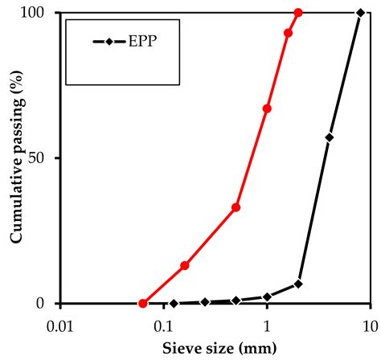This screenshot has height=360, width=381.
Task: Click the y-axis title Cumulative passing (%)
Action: click(15, 158)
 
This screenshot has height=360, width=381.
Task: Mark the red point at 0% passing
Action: click(143, 304)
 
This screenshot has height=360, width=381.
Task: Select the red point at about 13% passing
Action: click(185, 265)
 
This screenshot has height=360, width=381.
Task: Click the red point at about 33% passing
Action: click(236, 207)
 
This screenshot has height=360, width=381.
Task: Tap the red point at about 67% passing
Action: click(267, 108)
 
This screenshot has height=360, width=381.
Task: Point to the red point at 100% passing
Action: click(298, 13)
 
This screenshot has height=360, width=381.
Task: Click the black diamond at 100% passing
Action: click(360, 13)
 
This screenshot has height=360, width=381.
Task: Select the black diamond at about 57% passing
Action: click(330, 137)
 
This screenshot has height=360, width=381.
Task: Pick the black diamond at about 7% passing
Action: click(298, 284)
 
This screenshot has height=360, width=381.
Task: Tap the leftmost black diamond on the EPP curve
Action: click(174, 304)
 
